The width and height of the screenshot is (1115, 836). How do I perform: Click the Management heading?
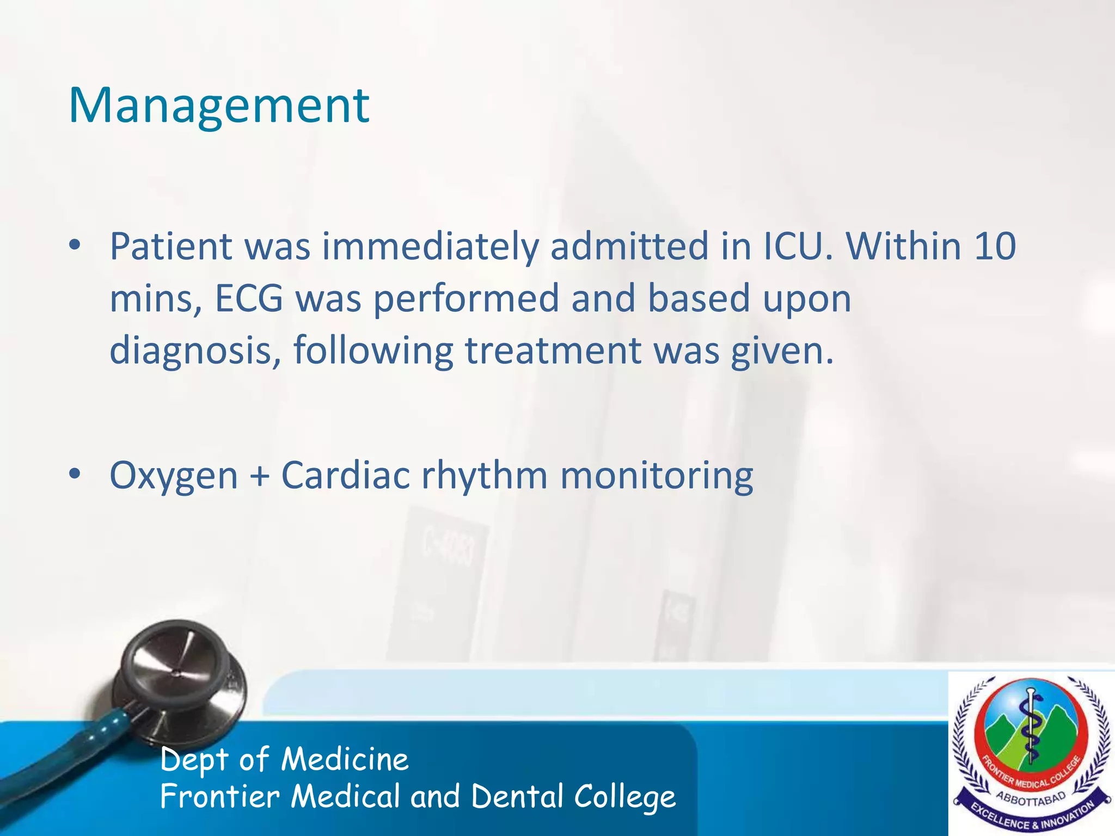(x=219, y=106)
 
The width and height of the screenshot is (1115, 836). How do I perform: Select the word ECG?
(x=249, y=299)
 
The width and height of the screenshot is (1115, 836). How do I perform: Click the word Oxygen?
(x=174, y=476)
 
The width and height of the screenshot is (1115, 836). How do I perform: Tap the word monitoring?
(x=657, y=476)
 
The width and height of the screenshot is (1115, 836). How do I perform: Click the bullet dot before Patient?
(x=75, y=247)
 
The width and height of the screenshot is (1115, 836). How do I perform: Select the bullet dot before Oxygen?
(x=75, y=475)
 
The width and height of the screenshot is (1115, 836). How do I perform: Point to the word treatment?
(x=553, y=351)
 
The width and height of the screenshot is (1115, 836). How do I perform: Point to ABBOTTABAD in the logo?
(x=1031, y=800)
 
